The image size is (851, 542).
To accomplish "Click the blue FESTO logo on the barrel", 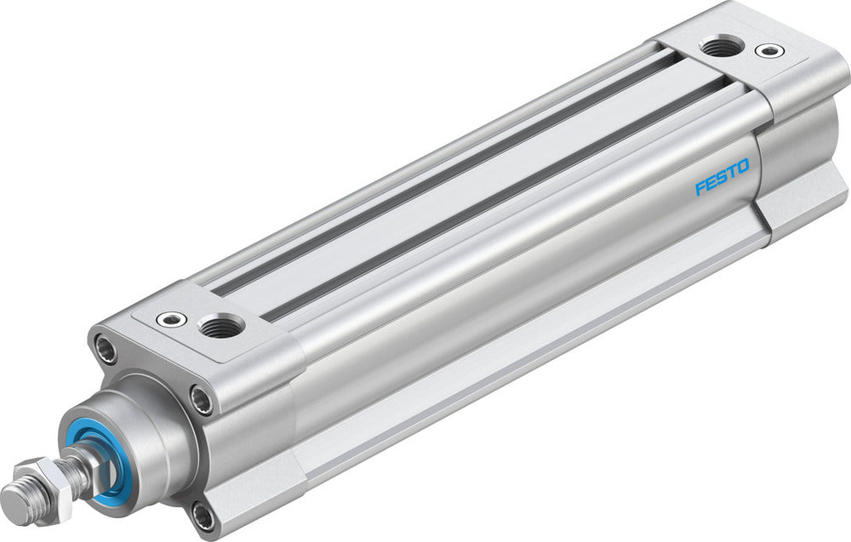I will pos(722,176).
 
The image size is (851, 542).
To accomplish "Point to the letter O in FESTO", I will pos(742,166).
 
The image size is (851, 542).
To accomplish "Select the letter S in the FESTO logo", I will pos(722,176).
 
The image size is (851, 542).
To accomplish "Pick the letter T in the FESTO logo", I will pos(732,171).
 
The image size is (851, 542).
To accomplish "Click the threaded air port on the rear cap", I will pos(722,47).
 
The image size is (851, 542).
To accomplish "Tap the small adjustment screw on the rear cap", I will pos(771,51).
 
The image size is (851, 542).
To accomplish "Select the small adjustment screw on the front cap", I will pos(171,319).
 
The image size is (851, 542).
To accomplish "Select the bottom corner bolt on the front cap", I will pos(203,516).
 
